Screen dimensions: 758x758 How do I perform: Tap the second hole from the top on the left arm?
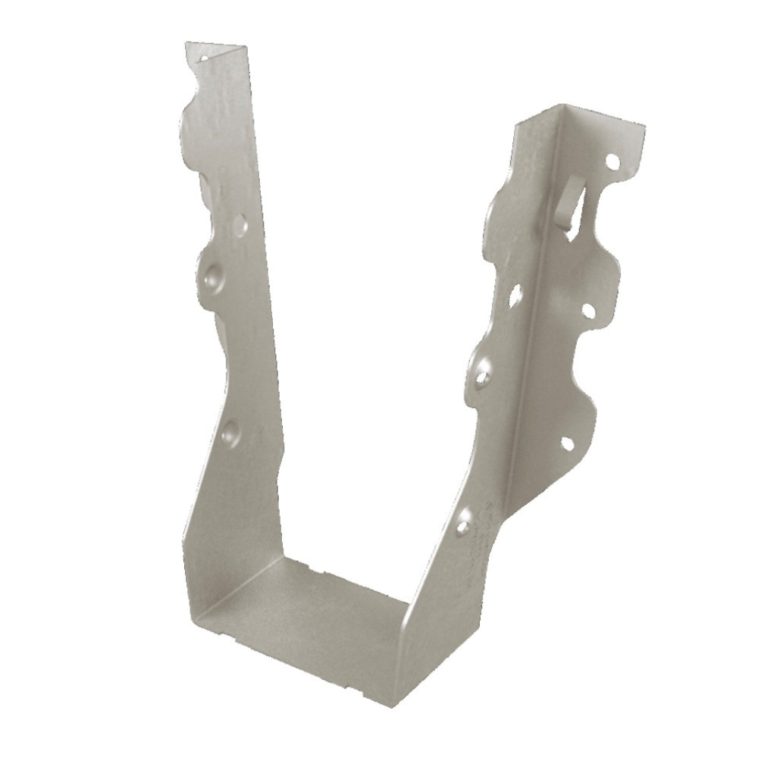coord(239,224)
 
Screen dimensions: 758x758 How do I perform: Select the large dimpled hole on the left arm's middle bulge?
coord(211,274)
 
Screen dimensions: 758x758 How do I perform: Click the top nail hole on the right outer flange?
coord(612,161)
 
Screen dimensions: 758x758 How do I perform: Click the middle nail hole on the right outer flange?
coord(587,310)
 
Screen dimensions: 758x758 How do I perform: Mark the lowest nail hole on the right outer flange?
coord(567,443)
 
